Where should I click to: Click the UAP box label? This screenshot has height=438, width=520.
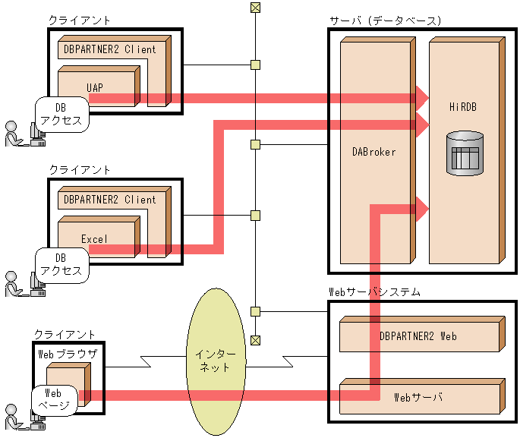[x=95, y=88]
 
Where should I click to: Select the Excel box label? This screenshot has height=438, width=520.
[x=95, y=239]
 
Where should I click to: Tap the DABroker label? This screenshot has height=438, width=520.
[x=374, y=152]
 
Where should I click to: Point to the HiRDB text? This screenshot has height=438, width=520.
[x=463, y=107]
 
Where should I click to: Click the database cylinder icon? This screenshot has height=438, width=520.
[x=465, y=153]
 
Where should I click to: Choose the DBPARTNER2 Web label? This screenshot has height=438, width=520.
[x=418, y=336]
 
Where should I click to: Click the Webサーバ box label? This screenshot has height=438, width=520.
[x=418, y=397]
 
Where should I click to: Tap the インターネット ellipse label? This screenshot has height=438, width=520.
[x=216, y=361]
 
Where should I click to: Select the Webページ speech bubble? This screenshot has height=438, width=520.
[x=55, y=399]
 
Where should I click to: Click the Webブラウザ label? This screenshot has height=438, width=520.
[x=68, y=354]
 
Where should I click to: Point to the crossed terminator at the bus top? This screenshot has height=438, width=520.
[x=255, y=8]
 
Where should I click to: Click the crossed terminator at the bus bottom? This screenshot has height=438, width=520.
[x=255, y=340]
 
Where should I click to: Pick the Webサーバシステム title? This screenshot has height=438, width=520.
[x=374, y=292]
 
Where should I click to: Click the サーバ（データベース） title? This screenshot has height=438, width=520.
[x=386, y=21]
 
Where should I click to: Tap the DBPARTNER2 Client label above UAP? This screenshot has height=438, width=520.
[x=110, y=49]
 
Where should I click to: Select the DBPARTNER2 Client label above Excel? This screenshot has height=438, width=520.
[x=110, y=200]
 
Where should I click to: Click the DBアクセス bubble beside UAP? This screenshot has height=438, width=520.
[x=62, y=115]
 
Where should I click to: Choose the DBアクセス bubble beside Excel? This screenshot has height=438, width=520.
[x=62, y=265]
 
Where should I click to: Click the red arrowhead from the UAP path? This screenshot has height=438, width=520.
[x=423, y=98]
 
